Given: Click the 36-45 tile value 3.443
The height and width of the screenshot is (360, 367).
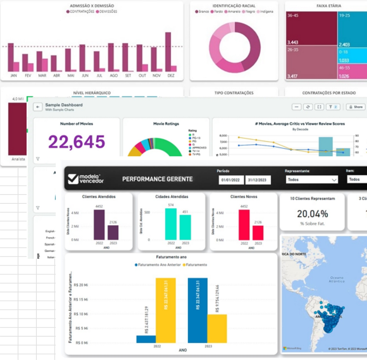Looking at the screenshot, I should click(x=293, y=43).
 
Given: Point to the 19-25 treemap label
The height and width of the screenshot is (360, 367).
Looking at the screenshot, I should click(x=345, y=15).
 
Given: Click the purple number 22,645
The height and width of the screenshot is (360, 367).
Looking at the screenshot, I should click(x=77, y=142).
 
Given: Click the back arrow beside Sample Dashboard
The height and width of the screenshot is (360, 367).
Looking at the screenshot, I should click(x=38, y=107).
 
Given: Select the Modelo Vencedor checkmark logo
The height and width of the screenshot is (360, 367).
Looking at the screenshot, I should click(x=73, y=179).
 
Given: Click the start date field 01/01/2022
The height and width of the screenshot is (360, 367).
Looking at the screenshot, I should click(x=231, y=180).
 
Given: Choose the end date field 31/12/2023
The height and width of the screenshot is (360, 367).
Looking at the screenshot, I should click(x=258, y=180).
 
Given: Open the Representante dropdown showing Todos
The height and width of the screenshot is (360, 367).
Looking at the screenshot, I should click(x=311, y=179).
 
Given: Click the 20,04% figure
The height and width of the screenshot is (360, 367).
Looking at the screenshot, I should click(x=312, y=213).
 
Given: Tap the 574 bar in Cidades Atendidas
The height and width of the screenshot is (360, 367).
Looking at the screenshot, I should click(x=171, y=224).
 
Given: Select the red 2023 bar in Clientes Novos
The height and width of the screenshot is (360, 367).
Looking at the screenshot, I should click(x=258, y=233).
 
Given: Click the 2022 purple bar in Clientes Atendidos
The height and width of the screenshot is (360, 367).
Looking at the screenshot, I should click(x=99, y=225).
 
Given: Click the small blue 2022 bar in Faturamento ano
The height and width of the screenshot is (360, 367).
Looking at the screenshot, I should click(x=146, y=339).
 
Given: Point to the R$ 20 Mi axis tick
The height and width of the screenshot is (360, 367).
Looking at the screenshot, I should click(x=81, y=285).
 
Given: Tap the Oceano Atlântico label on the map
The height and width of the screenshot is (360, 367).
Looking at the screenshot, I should click(x=337, y=279).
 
